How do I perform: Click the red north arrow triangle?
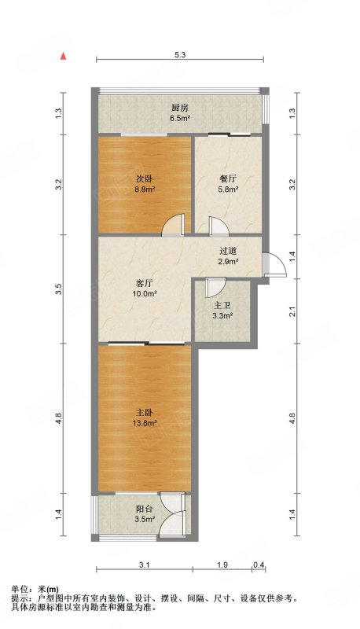point(63,56)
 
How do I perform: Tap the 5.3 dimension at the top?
point(181,56)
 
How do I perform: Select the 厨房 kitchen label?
point(180,108)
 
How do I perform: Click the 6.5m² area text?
point(180,119)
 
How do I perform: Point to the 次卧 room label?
point(145,179)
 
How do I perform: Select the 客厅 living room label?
point(145,283)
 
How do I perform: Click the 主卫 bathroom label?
point(222,306)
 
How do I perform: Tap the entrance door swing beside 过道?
point(274,264)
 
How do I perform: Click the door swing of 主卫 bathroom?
point(215,287)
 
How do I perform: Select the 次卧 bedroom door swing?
point(173,224)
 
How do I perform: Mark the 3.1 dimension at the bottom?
point(145,565)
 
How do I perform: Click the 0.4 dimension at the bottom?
point(259,565)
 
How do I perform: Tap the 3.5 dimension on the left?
point(59,289)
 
